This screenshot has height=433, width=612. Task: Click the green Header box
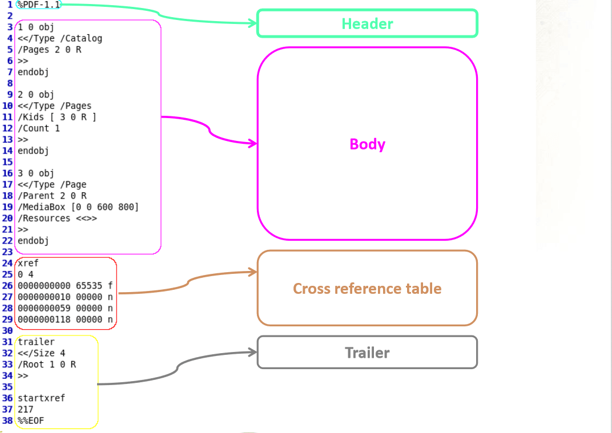coord(367,23)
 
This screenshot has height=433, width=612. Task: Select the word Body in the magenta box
coord(367,144)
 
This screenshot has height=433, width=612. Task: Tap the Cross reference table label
coord(367,288)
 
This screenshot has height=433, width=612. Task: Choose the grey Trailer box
coord(367,353)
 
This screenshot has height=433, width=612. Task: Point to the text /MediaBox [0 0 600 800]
coord(78,207)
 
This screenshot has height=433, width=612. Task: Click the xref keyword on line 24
coord(28,263)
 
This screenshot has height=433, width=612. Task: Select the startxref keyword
coord(41,398)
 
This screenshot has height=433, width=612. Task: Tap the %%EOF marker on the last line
coord(31,420)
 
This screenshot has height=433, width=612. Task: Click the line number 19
coord(7,207)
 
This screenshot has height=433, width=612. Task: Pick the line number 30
coord(7,330)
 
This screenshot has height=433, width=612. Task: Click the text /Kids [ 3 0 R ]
coord(57,117)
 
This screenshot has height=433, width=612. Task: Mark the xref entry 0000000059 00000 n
coord(65,308)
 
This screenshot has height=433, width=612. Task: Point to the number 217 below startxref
coord(26,409)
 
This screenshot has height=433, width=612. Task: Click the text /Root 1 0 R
coord(47,364)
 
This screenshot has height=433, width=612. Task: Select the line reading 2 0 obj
coord(36,95)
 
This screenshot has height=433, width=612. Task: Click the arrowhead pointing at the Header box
coord(253,23)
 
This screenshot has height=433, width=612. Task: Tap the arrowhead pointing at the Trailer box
coord(253,353)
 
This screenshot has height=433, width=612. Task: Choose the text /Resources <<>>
coord(57,218)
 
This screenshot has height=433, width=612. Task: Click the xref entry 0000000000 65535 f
coord(65,285)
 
